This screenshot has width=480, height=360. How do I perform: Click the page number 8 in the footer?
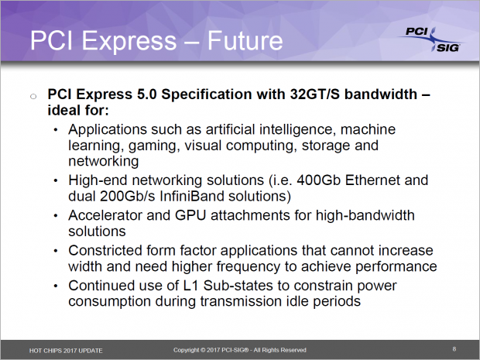click(x=454, y=349)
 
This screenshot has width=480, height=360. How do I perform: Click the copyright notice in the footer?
click(x=240, y=350)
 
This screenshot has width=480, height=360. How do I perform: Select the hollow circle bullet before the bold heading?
click(x=33, y=96)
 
